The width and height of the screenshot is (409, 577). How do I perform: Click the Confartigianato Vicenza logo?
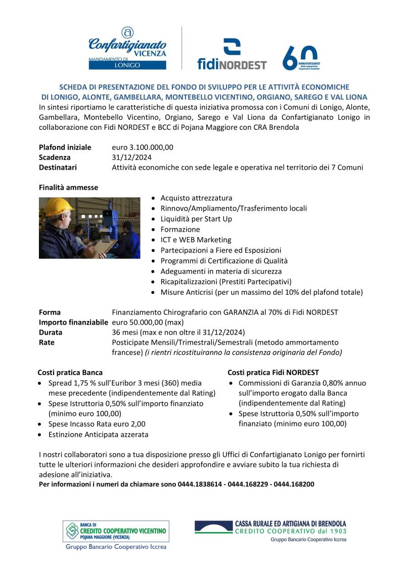click(127, 48)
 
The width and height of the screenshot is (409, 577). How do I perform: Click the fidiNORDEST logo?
click(232, 54)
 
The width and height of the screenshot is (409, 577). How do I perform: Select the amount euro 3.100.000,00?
click(143, 147)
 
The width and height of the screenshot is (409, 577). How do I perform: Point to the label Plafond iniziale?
click(65, 147)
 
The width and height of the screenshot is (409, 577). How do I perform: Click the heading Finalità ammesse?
click(68, 187)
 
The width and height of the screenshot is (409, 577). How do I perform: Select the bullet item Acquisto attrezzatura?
click(196, 198)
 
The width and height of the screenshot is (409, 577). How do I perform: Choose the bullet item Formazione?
click(180, 229)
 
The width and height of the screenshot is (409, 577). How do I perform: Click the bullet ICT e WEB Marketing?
click(196, 240)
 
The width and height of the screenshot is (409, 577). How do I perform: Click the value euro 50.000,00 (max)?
click(148, 322)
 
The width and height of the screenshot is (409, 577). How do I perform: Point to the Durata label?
click(51, 332)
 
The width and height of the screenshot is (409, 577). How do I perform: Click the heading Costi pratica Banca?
click(70, 373)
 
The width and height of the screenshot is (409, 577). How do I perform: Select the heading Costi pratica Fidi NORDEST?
click(273, 373)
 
